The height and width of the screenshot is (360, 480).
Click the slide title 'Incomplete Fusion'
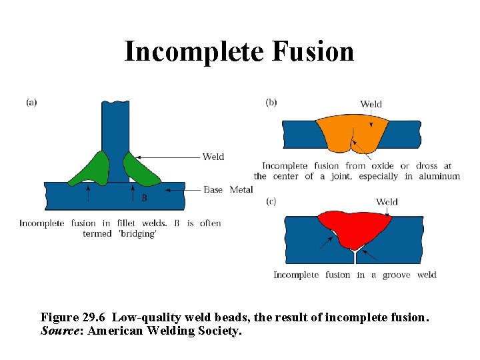[x=239, y=51]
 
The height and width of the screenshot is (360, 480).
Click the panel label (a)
[x=31, y=102]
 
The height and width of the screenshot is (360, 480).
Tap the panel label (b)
[x=271, y=102]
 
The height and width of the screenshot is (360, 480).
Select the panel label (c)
[x=271, y=201]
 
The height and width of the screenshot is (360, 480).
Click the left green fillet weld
[x=93, y=169]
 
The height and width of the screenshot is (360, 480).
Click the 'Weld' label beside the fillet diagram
[x=213, y=157]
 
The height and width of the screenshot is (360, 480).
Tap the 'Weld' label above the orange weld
[x=371, y=104]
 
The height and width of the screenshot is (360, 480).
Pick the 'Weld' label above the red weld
[x=387, y=202]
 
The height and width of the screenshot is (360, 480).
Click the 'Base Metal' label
[x=228, y=190]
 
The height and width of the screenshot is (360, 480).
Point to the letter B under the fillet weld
[x=144, y=198]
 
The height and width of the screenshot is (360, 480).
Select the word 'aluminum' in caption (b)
[x=438, y=177]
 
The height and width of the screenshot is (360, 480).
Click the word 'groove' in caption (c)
[x=396, y=275]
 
